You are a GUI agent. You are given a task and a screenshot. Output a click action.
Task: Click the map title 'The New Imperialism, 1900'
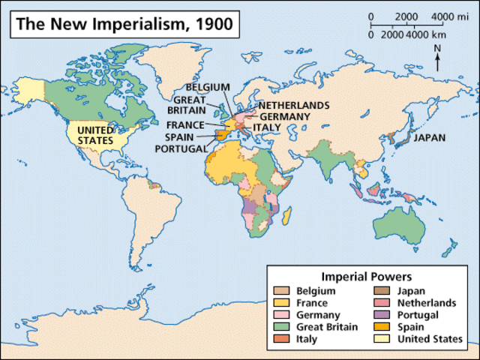(124, 23)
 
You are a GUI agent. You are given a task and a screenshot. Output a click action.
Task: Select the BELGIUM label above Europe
(208, 87)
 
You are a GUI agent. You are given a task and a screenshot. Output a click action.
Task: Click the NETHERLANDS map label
(293, 105)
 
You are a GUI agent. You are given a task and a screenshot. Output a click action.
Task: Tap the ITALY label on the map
(266, 127)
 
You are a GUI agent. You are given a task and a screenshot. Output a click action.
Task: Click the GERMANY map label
(285, 116)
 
